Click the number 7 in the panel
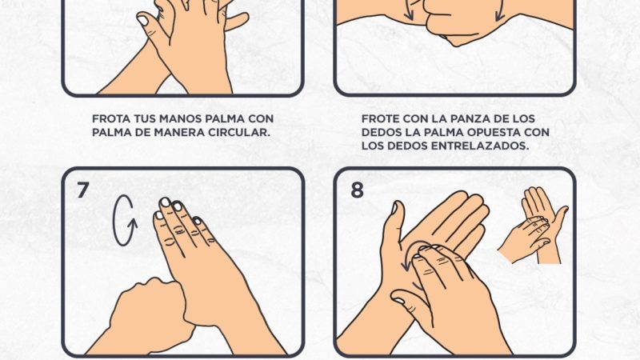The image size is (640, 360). (83, 190)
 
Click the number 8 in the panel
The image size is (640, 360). (357, 190)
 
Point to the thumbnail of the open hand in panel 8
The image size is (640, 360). (394, 208)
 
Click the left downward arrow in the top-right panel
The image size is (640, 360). (409, 11)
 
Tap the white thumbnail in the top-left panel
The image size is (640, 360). (143, 20)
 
